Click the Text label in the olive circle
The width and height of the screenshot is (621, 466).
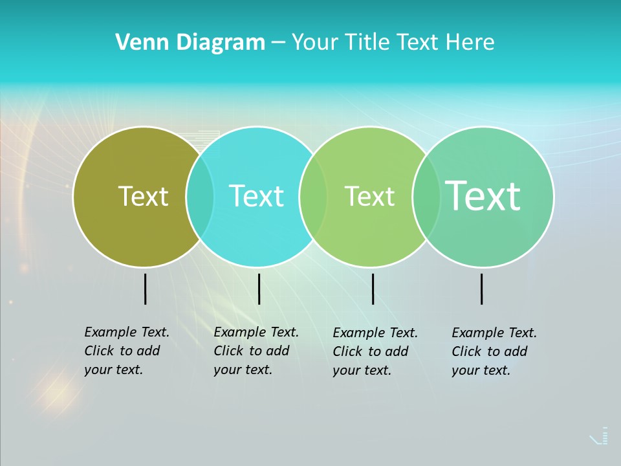(x=143, y=196)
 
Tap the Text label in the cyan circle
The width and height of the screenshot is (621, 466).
(x=257, y=196)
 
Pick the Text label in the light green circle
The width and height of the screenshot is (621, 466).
(x=369, y=196)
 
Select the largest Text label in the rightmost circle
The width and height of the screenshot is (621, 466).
(x=483, y=195)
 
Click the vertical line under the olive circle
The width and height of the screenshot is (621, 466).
(x=145, y=289)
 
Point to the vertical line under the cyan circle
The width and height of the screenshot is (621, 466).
(x=259, y=289)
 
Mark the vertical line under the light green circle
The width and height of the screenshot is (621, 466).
(x=373, y=289)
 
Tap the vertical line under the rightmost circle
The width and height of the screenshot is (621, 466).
(x=482, y=289)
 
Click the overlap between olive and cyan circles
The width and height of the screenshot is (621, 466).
(x=200, y=196)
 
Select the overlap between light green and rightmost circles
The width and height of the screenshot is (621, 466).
(x=426, y=196)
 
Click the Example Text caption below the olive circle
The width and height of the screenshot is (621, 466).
(x=127, y=351)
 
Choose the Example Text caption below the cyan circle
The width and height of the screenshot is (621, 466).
(x=256, y=351)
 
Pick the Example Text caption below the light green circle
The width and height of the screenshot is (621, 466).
(x=375, y=351)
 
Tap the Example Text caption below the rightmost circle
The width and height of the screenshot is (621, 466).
(x=494, y=351)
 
